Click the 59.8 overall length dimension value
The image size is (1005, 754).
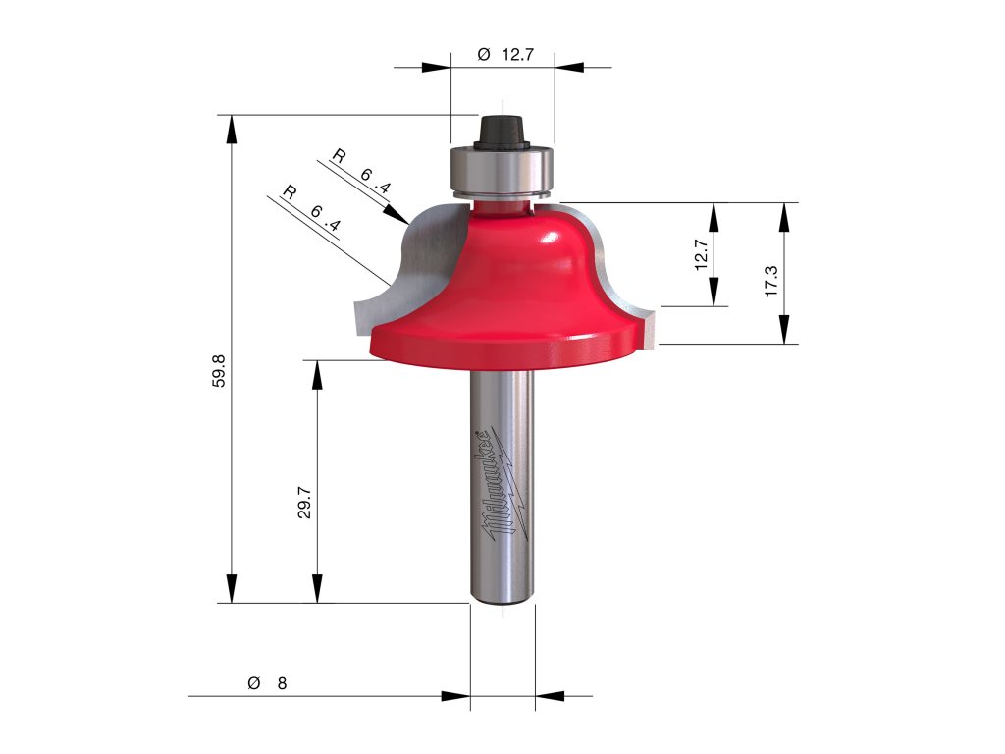[219, 370]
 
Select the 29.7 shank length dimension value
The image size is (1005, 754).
[304, 502]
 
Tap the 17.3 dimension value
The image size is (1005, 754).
[771, 280]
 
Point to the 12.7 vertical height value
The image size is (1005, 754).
[701, 254]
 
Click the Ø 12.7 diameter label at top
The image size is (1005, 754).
[505, 55]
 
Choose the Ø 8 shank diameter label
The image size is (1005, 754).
[267, 683]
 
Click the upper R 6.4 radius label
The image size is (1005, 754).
[361, 171]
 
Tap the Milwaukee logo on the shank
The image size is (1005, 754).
[504, 483]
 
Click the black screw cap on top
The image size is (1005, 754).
[503, 133]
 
